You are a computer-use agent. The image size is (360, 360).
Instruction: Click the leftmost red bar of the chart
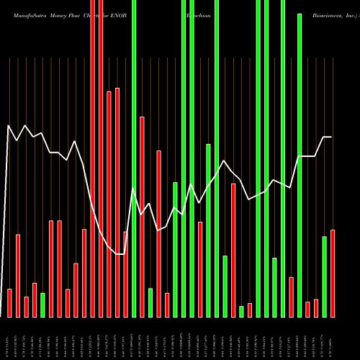pos(9,302)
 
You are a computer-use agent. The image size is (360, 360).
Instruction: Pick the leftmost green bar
pos(42,305)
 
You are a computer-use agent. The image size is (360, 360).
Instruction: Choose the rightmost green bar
pos(324,276)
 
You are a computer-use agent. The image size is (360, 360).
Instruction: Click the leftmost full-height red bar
pos(92,158)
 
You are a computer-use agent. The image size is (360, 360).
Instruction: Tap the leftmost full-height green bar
pos(134,158)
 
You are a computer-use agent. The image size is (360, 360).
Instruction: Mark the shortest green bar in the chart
pos(241,311)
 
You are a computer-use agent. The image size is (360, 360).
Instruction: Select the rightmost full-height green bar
pos(283,158)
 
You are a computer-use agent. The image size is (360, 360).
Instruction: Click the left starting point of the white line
pos(8,126)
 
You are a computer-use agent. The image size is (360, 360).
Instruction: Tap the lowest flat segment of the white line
pos(120,254)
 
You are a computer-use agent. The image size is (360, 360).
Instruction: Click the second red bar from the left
pos(17,276)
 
